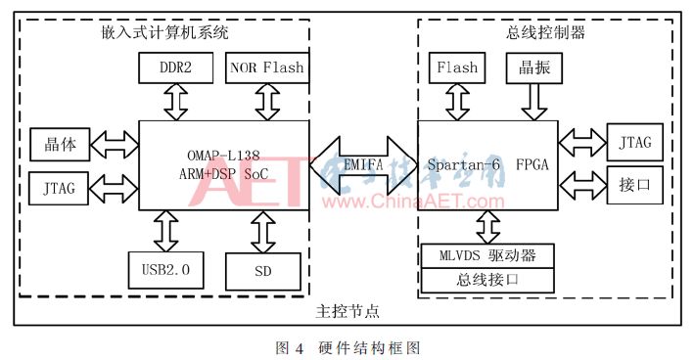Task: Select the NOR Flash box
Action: (x=266, y=68)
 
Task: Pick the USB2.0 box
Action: (x=165, y=269)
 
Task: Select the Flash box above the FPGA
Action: (x=457, y=68)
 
